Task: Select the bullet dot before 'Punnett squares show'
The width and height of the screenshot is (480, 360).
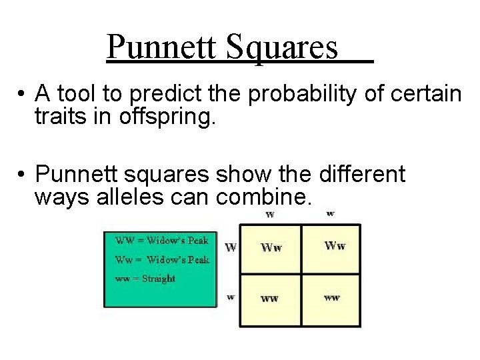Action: (22, 175)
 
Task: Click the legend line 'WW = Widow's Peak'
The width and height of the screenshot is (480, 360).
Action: (162, 240)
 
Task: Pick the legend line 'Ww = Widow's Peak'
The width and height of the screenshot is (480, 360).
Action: (162, 259)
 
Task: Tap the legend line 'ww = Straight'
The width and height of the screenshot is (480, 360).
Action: (145, 278)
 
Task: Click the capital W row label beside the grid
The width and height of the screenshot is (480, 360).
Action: (231, 247)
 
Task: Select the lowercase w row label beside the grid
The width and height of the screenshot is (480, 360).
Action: (231, 297)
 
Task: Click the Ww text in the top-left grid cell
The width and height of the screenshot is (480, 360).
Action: (271, 247)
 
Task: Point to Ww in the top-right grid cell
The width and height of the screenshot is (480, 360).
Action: (335, 245)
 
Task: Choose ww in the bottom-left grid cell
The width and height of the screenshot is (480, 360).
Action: (269, 298)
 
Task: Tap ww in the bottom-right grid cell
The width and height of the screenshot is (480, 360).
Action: (331, 297)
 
